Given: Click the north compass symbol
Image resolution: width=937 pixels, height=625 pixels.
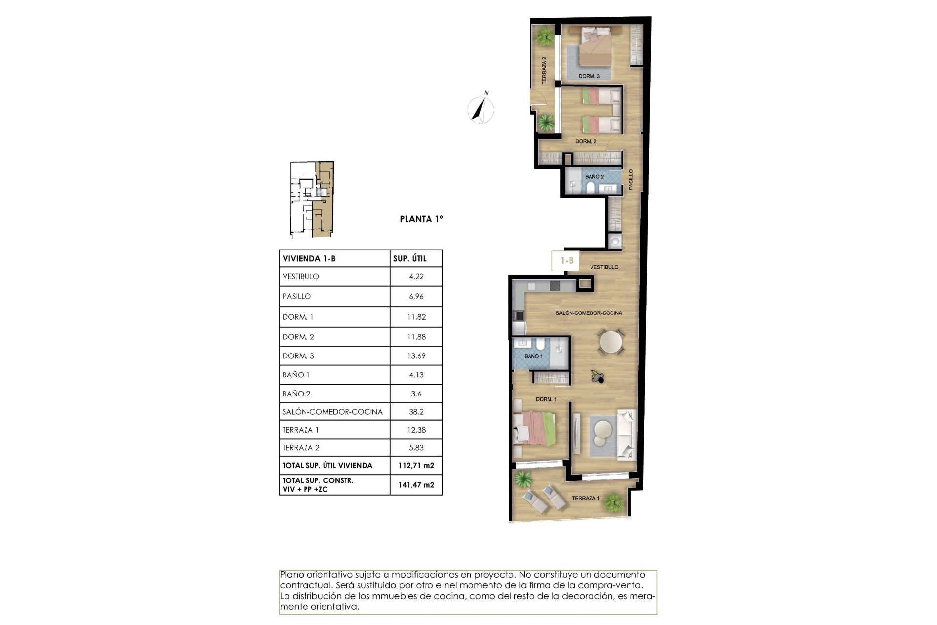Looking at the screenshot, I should [x=481, y=109].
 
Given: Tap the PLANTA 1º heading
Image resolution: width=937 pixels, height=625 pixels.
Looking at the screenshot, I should [x=421, y=219].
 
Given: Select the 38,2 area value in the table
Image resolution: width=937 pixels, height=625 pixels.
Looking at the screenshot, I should [x=416, y=412].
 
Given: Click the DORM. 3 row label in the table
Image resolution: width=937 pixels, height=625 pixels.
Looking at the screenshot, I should [x=298, y=356].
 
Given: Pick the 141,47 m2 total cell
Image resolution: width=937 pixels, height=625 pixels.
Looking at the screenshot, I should [x=416, y=485].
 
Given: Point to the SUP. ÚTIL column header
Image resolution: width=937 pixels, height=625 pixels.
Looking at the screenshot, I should [x=409, y=259].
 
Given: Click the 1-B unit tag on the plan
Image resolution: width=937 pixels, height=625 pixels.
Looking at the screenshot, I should [x=567, y=261].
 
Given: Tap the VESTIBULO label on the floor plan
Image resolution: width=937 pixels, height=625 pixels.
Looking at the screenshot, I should [x=604, y=267].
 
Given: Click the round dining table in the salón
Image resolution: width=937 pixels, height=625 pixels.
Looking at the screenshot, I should [x=611, y=342].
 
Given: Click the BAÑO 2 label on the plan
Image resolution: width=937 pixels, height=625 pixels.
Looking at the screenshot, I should [x=594, y=177].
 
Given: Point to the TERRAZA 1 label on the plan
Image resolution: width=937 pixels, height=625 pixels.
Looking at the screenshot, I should [x=585, y=498].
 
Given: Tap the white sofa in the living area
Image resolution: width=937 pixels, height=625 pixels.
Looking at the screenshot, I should [x=627, y=435].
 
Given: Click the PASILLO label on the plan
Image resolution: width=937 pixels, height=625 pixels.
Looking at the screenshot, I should [x=631, y=179].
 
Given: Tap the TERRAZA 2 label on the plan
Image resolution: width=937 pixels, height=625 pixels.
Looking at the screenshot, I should [x=544, y=70].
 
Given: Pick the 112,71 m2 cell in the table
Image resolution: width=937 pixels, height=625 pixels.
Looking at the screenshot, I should [x=416, y=466].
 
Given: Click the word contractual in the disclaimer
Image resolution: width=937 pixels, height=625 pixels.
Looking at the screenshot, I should [x=303, y=585].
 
